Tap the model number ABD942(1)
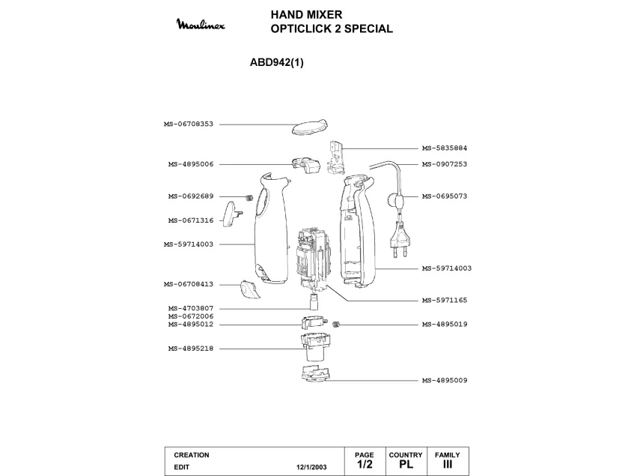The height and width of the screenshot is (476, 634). (x=276, y=63)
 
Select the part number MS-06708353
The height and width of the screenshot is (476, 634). (x=189, y=124)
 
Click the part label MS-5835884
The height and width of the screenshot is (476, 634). (x=444, y=148)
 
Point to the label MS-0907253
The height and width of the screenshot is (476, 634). (x=444, y=164)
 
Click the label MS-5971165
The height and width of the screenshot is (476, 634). (x=444, y=300)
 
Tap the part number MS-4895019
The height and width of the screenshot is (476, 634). (x=444, y=325)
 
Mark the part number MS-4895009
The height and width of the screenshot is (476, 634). (x=444, y=381)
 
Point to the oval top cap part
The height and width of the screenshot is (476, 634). (x=308, y=126)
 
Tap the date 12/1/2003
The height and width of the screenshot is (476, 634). (x=312, y=466)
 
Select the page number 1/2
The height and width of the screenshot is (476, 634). (x=364, y=465)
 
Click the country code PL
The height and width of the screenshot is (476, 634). (x=406, y=465)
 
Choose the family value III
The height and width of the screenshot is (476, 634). (x=448, y=465)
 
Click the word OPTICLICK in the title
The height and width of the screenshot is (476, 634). (x=304, y=29)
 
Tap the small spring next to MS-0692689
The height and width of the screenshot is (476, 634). (x=247, y=197)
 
